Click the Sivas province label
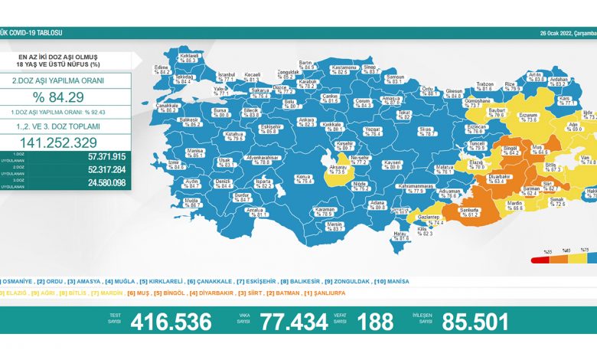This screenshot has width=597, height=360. tap(426, 131)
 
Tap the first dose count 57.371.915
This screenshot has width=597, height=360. tap(106, 155)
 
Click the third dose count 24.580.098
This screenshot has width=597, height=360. tap(106, 182)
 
